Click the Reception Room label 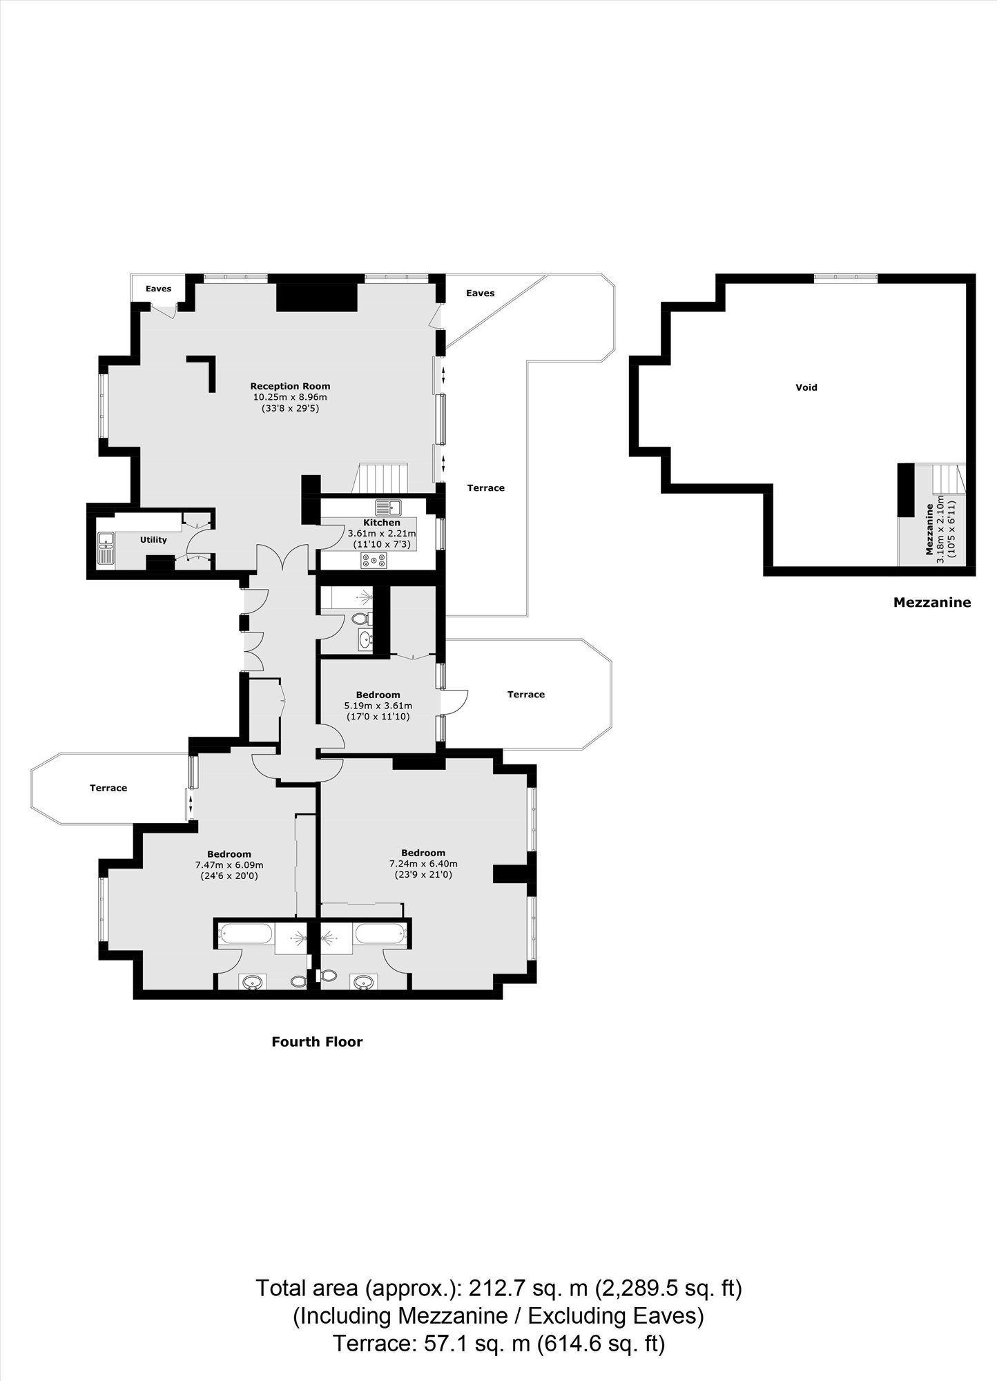click(x=290, y=386)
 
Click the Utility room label click(x=153, y=540)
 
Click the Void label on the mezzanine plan click(x=806, y=387)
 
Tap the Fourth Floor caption click(x=317, y=1041)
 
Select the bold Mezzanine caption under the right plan click(x=932, y=602)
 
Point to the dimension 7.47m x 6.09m click(x=229, y=865)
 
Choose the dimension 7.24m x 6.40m click(x=423, y=863)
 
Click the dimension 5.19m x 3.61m click(x=378, y=706)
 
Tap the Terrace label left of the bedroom click(x=108, y=788)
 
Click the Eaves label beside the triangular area click(x=480, y=293)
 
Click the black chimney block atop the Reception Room click(x=316, y=297)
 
